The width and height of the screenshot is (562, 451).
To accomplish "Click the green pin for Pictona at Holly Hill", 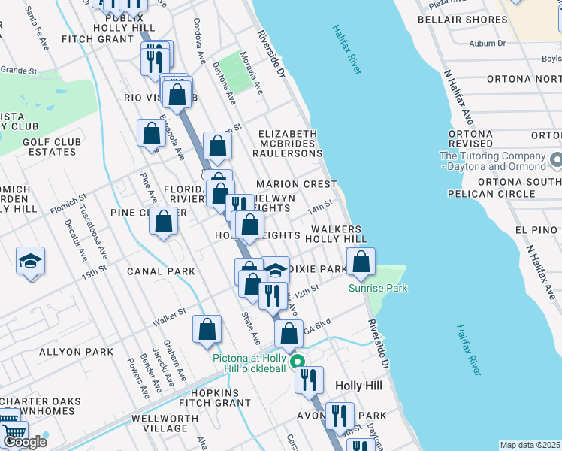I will [298, 362].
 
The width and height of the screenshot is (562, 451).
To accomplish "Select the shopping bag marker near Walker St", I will [207, 330].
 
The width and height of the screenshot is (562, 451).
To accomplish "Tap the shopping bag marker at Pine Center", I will [163, 222].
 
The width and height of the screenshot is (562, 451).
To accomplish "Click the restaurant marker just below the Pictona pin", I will [309, 380].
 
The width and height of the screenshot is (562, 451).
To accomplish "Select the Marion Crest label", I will [296, 184].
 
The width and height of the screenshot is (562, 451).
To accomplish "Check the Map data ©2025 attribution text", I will [530, 445].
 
